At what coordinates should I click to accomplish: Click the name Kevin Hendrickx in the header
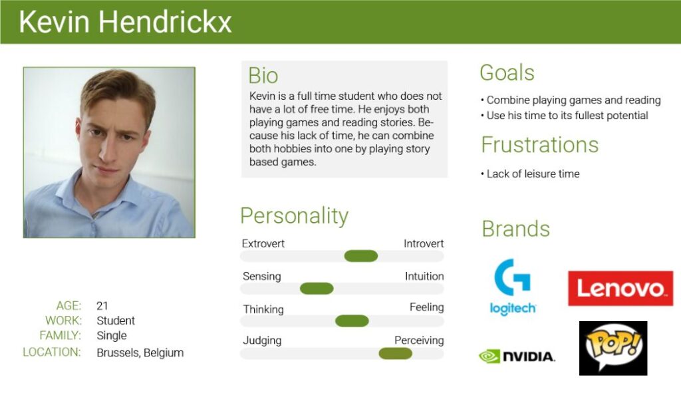pyautogui.click(x=125, y=22)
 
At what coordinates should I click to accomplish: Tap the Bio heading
pyautogui.click(x=263, y=76)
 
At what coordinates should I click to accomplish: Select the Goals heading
pyautogui.click(x=507, y=72)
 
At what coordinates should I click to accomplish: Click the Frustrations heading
pyautogui.click(x=540, y=144)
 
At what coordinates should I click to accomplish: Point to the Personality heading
pyautogui.click(x=295, y=216)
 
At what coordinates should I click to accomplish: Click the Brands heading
pyautogui.click(x=516, y=229)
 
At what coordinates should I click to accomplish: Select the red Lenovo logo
pyautogui.click(x=620, y=289)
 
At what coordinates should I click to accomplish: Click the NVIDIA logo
pyautogui.click(x=517, y=356)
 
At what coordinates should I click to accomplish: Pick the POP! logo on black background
pyautogui.click(x=613, y=348)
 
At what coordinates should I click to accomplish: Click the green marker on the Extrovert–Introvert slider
pyautogui.click(x=361, y=256)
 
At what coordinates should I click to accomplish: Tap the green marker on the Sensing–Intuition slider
pyautogui.click(x=317, y=289)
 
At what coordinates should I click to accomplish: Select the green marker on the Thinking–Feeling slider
pyautogui.click(x=352, y=321)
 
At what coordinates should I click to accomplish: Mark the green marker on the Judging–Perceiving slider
pyautogui.click(x=395, y=354)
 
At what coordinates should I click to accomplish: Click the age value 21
pyautogui.click(x=102, y=306)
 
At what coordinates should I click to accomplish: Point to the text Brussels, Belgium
pyautogui.click(x=140, y=352)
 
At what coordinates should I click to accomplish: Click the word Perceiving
pyautogui.click(x=419, y=340)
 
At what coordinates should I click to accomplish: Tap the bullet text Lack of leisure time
pyautogui.click(x=533, y=174)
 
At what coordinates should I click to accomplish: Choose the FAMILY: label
pyautogui.click(x=60, y=335)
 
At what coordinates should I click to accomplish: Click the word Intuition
pyautogui.click(x=424, y=276)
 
